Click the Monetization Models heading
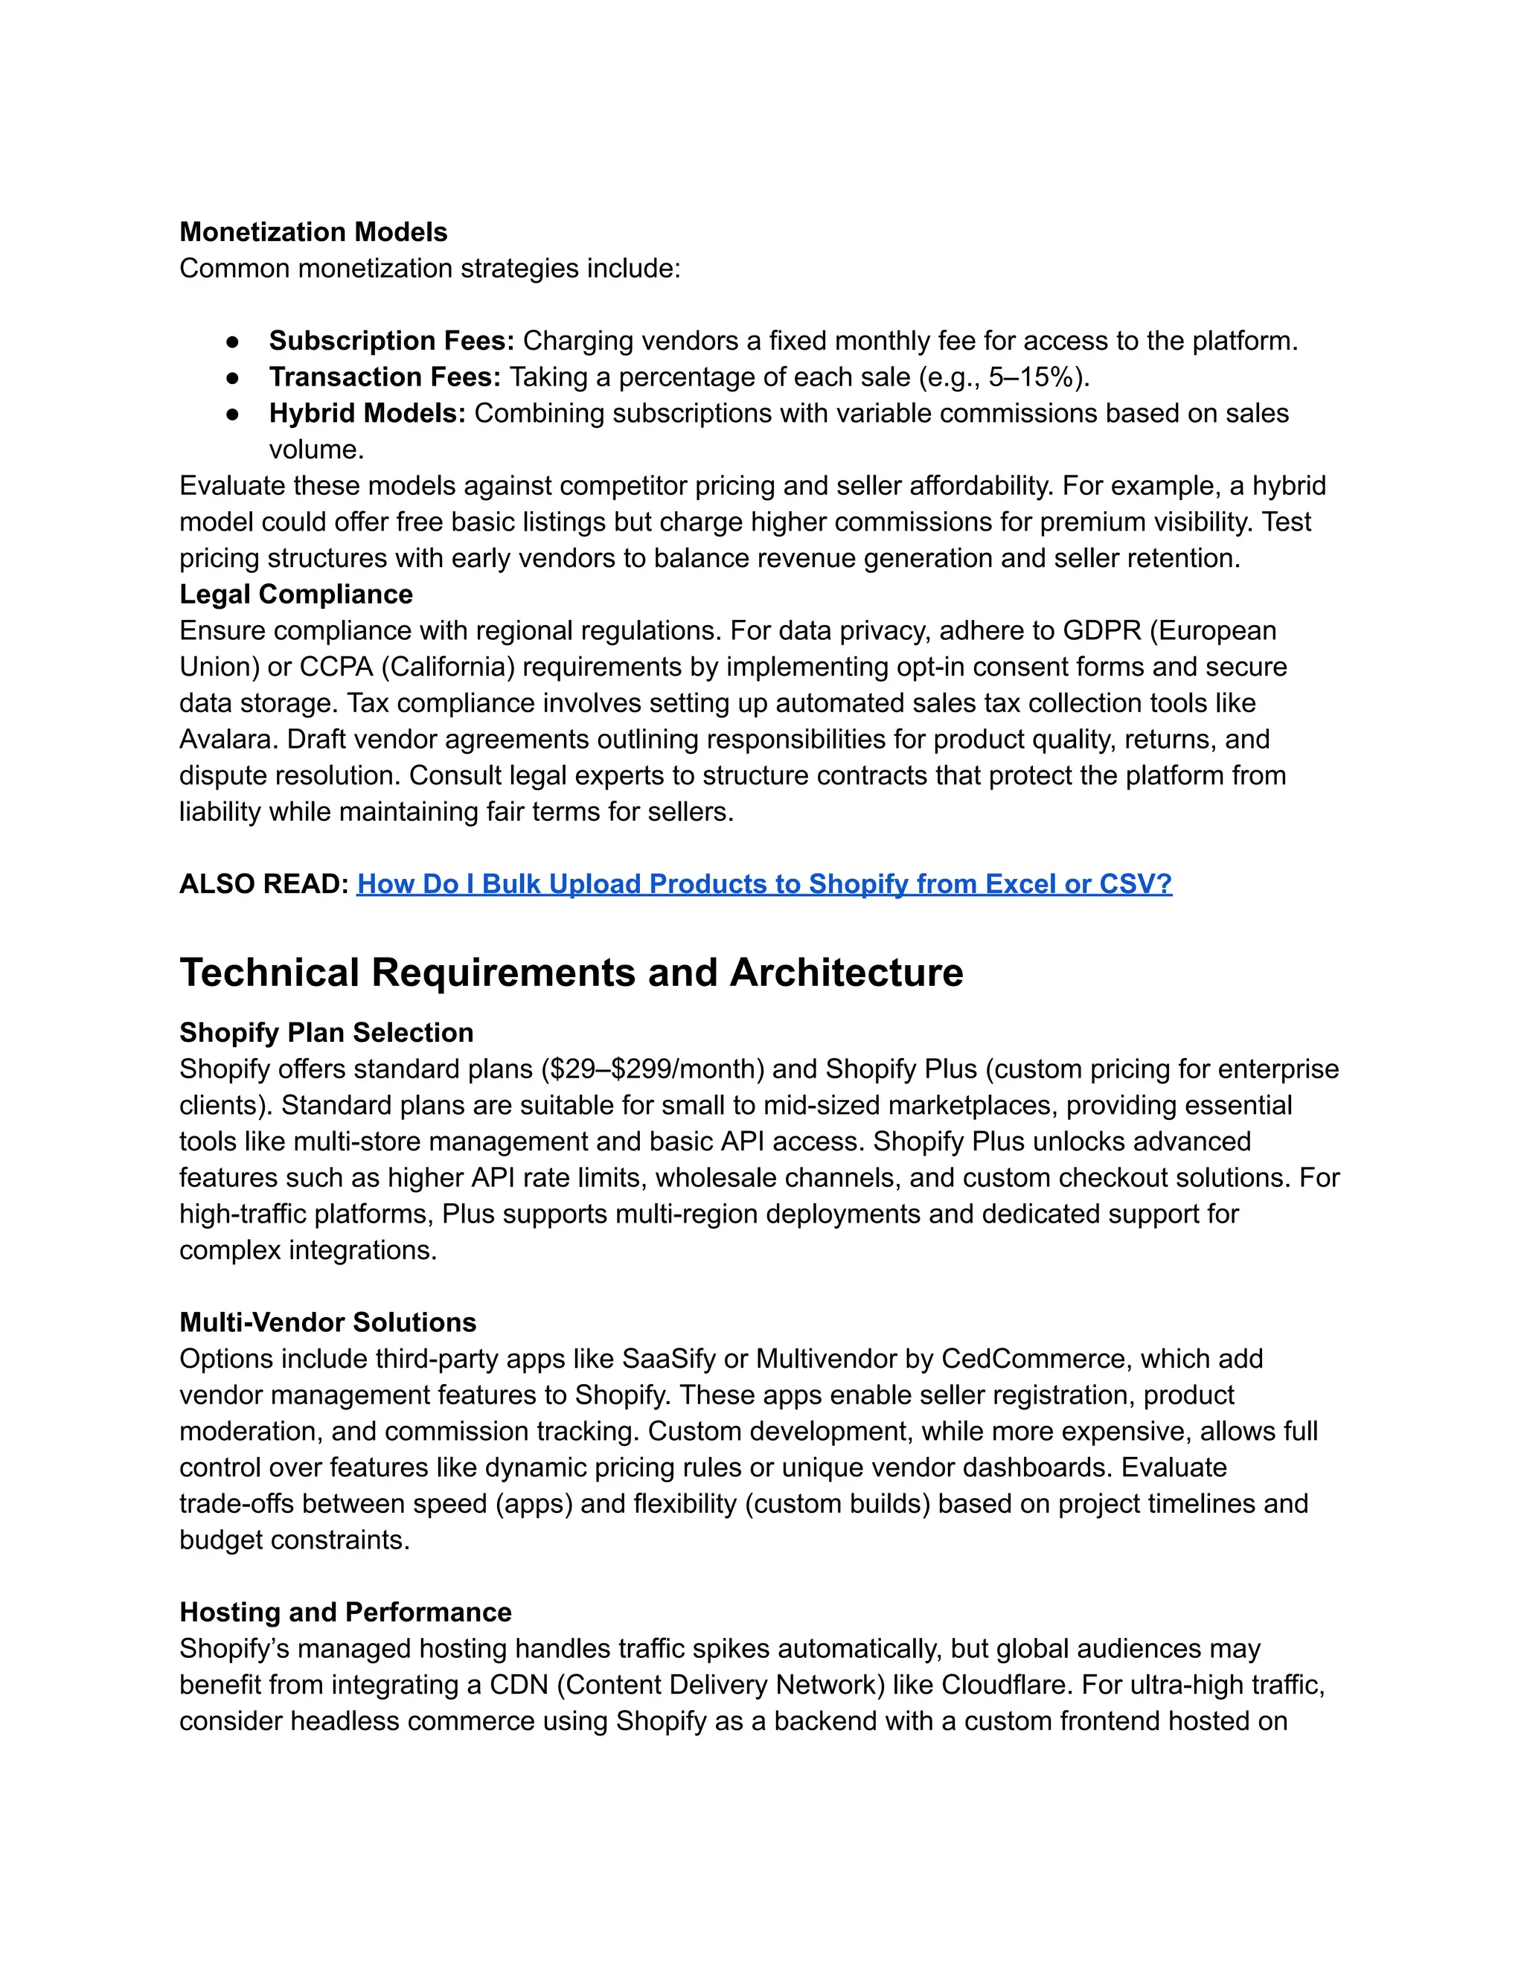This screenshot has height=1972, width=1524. [313, 232]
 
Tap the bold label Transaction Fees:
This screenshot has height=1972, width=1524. [385, 377]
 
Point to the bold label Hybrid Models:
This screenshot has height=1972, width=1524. [367, 413]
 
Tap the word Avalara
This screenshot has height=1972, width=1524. [228, 739]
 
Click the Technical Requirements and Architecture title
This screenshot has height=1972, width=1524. [571, 973]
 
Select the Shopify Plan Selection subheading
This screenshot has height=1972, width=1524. [326, 1032]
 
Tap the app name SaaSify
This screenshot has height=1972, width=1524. [669, 1358]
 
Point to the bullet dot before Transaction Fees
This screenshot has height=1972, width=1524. [233, 377]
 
